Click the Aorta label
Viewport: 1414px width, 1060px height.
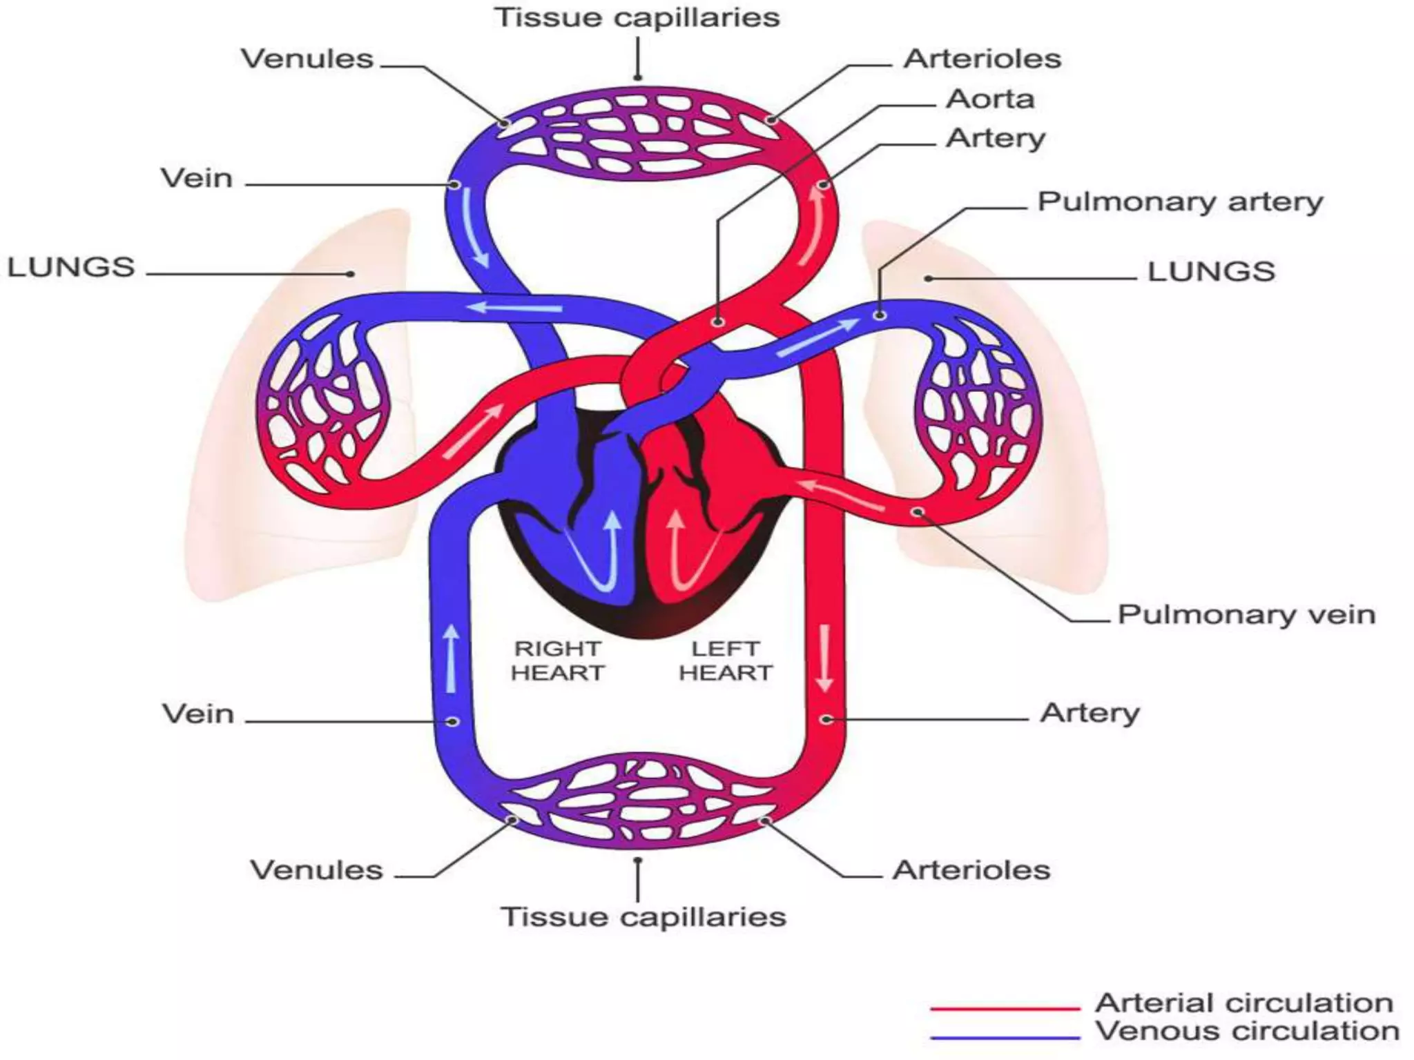point(989,99)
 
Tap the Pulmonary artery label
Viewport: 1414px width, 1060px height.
point(1179,202)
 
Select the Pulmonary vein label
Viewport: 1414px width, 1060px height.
point(1246,614)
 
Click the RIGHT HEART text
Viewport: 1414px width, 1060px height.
point(557,660)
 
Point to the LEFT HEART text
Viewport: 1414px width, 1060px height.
point(725,660)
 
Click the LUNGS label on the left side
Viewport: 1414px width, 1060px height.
point(70,267)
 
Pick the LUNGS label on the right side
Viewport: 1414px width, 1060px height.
point(1211,271)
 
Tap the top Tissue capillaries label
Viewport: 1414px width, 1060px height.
point(637,17)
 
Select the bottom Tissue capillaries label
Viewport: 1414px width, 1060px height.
point(643,916)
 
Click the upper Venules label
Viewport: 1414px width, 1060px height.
point(307,59)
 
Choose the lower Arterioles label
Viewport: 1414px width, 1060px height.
point(971,870)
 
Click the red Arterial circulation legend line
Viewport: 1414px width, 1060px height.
point(1005,1008)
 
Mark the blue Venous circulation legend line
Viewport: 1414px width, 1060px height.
point(1005,1037)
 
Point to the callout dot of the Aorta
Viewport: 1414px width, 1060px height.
point(718,322)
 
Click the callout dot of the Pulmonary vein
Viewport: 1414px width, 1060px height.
point(918,512)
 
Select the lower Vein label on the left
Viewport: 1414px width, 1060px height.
point(198,714)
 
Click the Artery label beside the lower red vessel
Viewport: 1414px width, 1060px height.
point(1089,712)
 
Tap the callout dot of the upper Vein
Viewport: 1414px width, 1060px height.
point(454,185)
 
